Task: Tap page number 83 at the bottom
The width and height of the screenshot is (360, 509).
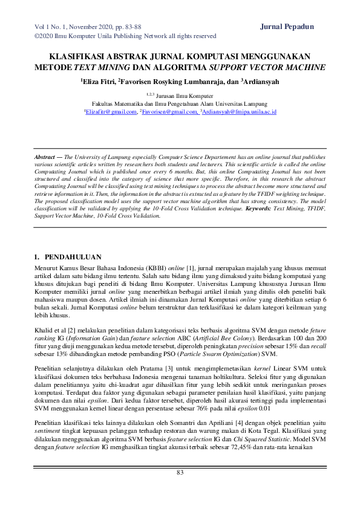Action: tap(180, 472)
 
